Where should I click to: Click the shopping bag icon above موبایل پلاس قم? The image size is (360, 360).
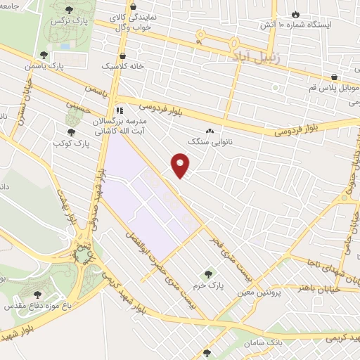(334, 77)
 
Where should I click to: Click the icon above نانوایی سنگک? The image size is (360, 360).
(210, 131)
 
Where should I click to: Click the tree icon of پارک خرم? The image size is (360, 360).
(207, 273)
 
